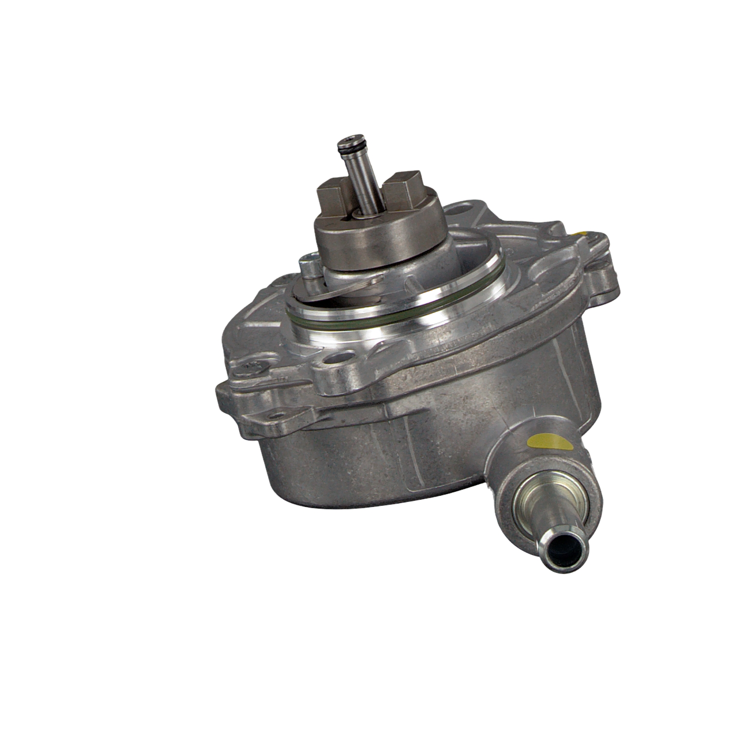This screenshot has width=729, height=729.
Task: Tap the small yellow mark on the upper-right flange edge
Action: tap(581, 233)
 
